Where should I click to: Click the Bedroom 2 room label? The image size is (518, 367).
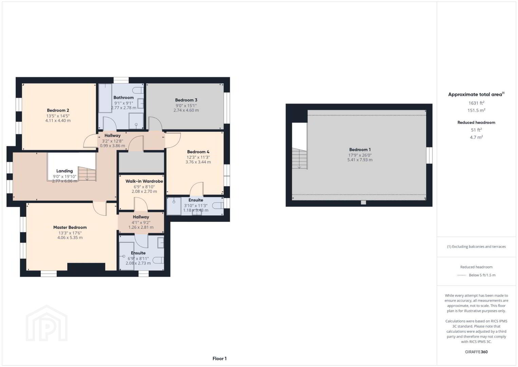58,110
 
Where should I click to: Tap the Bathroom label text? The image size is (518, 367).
124,98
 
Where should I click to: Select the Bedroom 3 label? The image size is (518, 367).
186,100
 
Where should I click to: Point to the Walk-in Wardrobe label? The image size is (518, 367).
144,181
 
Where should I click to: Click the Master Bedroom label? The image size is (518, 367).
70,228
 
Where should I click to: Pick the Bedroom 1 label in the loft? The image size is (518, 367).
360,150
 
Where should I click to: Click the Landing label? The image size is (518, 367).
64,171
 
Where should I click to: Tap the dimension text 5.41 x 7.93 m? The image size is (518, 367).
360,160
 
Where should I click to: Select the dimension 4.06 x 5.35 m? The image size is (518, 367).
70,238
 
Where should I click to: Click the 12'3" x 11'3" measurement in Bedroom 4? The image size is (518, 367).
198,157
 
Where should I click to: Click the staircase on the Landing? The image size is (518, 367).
87,174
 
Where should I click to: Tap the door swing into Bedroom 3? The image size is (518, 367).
155,124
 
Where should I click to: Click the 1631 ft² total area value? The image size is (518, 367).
476,103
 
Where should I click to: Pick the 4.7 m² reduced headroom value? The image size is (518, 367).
476,137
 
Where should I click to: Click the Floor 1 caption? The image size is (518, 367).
220,359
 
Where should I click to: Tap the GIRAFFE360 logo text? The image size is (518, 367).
476,352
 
